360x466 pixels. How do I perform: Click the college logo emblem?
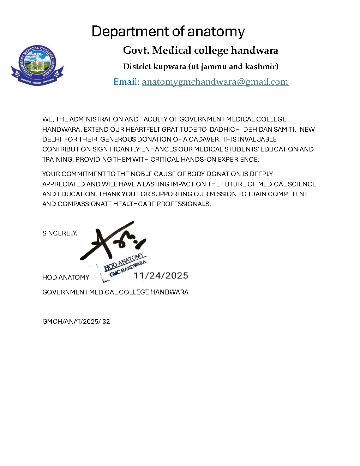(37, 65)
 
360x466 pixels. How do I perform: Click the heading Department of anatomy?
(168, 31)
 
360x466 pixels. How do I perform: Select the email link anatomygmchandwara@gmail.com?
(215, 82)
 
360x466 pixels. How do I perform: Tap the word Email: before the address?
(126, 82)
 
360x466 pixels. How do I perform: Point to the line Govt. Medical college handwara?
(200, 50)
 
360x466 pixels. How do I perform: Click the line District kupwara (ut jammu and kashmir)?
(200, 66)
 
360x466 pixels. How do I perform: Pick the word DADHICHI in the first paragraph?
(226, 129)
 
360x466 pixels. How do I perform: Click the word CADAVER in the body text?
(204, 139)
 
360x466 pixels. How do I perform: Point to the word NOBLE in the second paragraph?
(142, 174)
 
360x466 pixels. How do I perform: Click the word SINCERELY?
(59, 233)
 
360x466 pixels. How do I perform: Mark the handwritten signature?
(113, 242)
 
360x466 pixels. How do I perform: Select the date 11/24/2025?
(161, 276)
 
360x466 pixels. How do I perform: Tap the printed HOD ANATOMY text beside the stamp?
(66, 277)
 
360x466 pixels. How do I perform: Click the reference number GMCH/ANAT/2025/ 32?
(76, 322)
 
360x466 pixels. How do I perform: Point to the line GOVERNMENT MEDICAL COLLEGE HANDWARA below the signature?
(115, 292)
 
